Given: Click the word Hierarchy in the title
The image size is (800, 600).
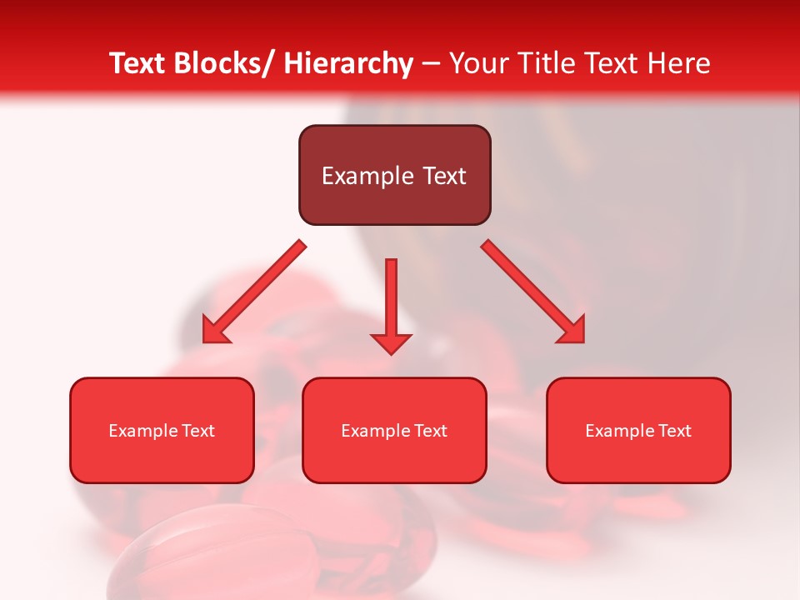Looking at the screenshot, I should tap(348, 63).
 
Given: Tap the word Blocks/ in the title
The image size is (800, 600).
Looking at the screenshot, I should tap(222, 63).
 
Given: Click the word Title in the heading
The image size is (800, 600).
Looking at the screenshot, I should tap(544, 63).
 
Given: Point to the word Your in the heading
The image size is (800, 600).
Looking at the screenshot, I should tap(477, 63).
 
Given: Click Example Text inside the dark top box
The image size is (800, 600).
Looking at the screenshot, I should tap(394, 176).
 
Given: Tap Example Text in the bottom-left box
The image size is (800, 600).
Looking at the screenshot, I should tap(161, 431).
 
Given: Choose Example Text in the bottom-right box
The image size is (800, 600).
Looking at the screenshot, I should tap(638, 431).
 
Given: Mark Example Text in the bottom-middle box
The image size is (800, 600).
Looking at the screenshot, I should tap(394, 431).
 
